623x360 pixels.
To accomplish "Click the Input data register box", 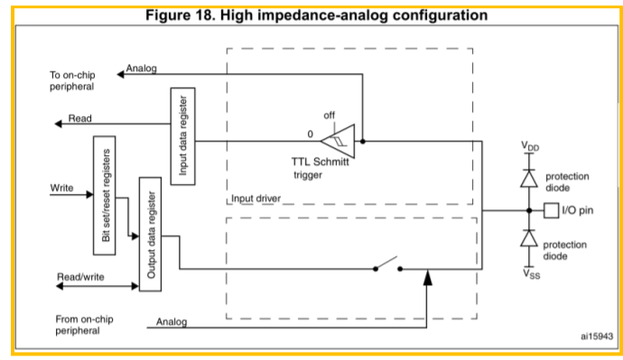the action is point(182,136).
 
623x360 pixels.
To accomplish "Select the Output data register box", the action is point(150,235).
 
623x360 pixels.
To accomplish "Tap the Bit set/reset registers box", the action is point(105,195).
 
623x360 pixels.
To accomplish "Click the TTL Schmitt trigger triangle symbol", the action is point(338,141).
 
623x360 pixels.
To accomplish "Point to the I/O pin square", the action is point(551,210).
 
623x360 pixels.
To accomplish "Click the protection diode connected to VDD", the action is point(529,179).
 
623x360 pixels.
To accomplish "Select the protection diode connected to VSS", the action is point(529,238).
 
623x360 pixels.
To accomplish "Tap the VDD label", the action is point(530,146).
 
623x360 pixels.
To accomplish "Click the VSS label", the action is point(531,274).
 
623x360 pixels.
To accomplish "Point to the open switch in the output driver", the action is point(387,265).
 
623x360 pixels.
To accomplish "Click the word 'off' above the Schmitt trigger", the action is point(329,115).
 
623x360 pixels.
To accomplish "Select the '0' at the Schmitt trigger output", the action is point(311,134).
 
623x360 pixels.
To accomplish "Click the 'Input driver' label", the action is point(256,198).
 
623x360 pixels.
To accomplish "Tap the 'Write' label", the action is point(61,188).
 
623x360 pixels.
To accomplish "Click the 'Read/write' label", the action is point(80,277).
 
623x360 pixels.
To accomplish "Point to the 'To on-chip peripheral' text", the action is point(72,80).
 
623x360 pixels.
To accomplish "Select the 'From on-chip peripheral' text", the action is point(84,325).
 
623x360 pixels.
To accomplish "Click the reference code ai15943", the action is point(597,337).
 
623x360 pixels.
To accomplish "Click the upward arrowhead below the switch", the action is point(427,277).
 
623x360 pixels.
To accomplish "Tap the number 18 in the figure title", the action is point(207,15).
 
